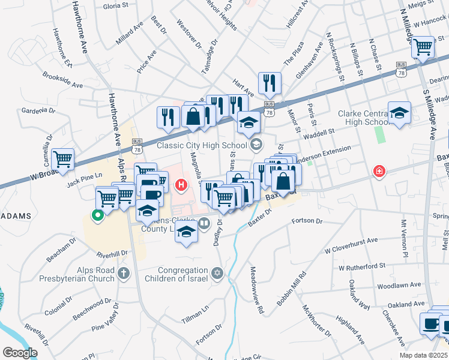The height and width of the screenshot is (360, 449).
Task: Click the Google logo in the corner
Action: pyautogui.click(x=20, y=353)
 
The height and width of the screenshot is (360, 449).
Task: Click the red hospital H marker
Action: pyautogui.click(x=181, y=185)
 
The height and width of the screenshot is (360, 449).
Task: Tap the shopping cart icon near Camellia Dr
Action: pyautogui.click(x=62, y=159)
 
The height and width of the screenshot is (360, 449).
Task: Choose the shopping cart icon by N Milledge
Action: pyautogui.click(x=423, y=47)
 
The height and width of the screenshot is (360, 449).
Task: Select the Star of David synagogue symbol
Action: pyautogui.click(x=217, y=274)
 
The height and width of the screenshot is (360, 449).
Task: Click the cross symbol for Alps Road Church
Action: pyautogui.click(x=122, y=274)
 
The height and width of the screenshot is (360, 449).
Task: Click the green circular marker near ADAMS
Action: pyautogui.click(x=96, y=214)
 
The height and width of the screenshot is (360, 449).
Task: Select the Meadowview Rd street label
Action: pyautogui.click(x=257, y=291)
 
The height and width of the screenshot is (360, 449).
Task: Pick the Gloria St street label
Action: pyautogui.click(x=115, y=6)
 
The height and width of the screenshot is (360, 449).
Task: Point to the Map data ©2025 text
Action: pyautogui.click(x=424, y=355)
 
